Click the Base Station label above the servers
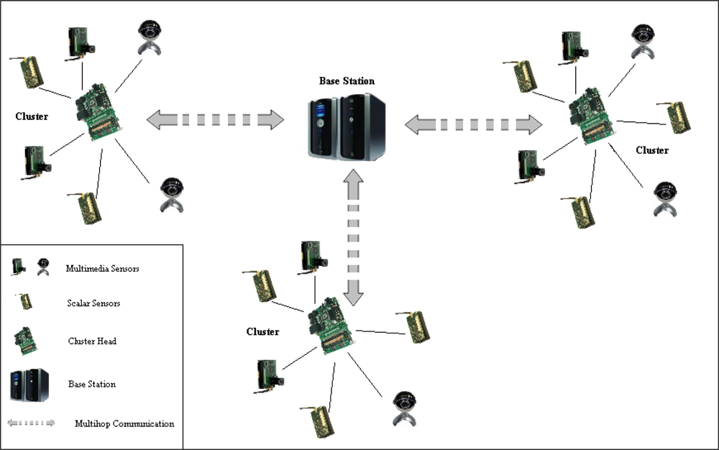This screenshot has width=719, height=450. click(x=347, y=81)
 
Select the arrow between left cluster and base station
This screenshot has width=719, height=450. click(x=215, y=120)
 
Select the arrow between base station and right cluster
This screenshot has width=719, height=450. click(x=472, y=124)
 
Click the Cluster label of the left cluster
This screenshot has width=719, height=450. click(x=32, y=116)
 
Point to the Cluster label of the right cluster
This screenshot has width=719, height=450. click(x=652, y=150)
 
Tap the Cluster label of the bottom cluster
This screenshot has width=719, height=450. click(x=262, y=331)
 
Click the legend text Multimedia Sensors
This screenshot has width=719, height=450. click(x=102, y=269)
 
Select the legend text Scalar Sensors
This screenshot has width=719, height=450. click(x=93, y=303)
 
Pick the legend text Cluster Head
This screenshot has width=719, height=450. click(x=92, y=341)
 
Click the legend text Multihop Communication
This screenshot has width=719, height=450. click(x=124, y=423)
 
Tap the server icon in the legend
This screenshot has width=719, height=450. click(x=29, y=384)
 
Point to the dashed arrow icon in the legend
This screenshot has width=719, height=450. click(x=31, y=423)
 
